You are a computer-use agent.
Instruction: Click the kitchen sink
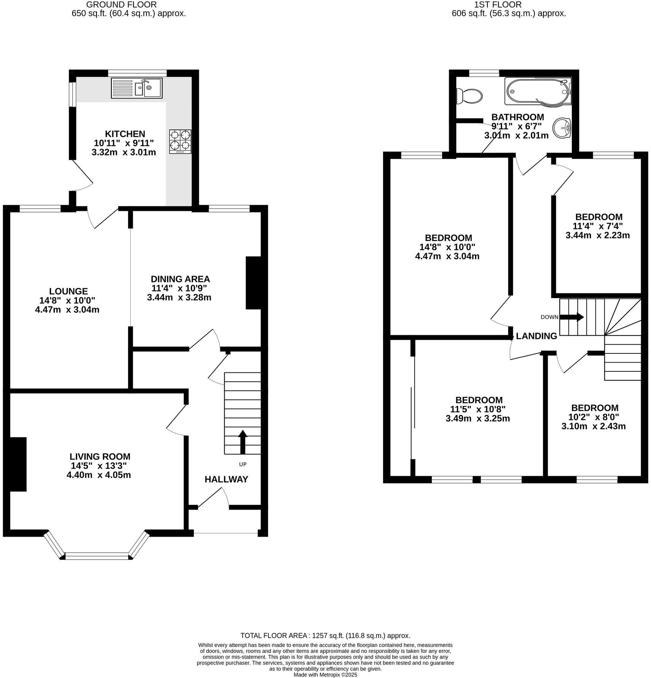point(137,88)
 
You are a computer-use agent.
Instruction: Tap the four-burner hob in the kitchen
point(180,141)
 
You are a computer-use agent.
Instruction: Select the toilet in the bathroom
point(469,95)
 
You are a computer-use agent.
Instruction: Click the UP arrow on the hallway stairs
point(242,442)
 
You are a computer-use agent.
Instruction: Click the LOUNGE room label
point(68,291)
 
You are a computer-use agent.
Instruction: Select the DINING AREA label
point(180,279)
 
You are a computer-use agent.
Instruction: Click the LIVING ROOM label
point(100,456)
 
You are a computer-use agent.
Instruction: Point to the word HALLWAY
point(226,479)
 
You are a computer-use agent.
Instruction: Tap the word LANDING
point(536,336)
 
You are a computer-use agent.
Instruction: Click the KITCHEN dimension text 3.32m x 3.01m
point(124,152)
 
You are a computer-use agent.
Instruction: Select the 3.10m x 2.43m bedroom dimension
point(593,426)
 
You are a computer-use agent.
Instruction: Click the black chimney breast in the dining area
point(253,283)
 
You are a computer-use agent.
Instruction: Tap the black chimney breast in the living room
point(17,464)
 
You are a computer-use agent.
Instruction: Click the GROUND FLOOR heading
point(121,5)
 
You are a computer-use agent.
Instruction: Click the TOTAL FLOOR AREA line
point(325,635)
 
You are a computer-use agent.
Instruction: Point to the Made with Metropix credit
point(325,675)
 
